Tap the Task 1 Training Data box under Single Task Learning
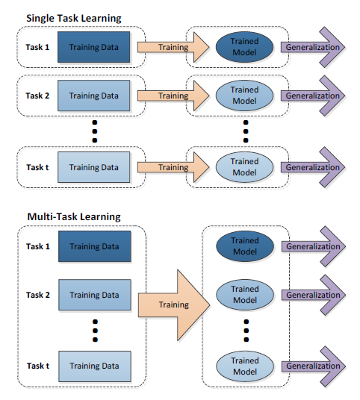(x=94, y=48)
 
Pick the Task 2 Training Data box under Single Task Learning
(x=94, y=96)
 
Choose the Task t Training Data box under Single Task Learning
(x=94, y=167)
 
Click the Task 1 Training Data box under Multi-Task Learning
(x=94, y=246)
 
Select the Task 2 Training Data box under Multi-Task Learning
(x=94, y=295)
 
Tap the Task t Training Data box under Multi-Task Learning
(x=94, y=366)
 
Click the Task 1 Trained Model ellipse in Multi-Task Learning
(x=244, y=246)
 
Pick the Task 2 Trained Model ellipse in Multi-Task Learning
(x=244, y=295)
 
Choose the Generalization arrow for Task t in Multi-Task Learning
(x=314, y=366)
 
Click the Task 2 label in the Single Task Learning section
(x=38, y=96)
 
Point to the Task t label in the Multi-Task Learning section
(x=38, y=366)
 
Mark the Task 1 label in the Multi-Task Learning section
(x=38, y=246)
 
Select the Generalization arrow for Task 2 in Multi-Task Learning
(x=314, y=295)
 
